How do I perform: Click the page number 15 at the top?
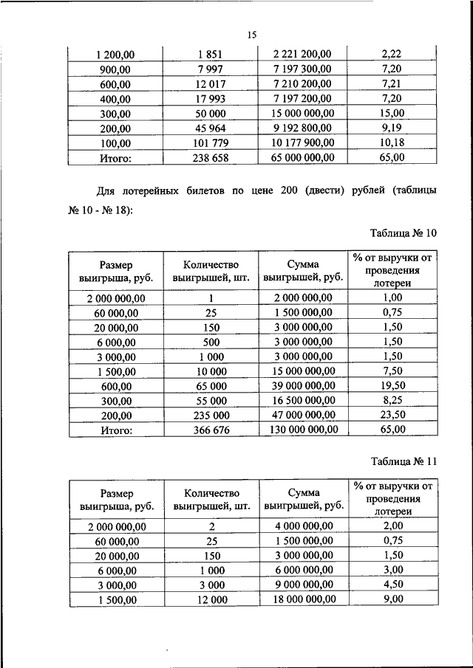point(251,35)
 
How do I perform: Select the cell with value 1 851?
point(211,54)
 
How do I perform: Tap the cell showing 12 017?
point(211,84)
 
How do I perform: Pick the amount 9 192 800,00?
point(303,128)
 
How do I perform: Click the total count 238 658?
point(211,158)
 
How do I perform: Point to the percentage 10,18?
point(393,143)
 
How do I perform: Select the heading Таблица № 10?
point(404,233)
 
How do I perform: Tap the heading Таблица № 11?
point(404,461)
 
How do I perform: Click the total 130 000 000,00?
point(303,430)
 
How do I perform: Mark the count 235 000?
point(211,415)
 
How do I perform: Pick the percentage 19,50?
point(393,385)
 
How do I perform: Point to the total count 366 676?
point(211,430)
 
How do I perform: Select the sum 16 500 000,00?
point(303,400)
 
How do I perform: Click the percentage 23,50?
point(393,415)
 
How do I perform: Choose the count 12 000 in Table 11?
point(211,600)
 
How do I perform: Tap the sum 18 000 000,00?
point(303,600)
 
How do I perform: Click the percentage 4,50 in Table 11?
point(393,585)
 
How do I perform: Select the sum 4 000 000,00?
point(303,526)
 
